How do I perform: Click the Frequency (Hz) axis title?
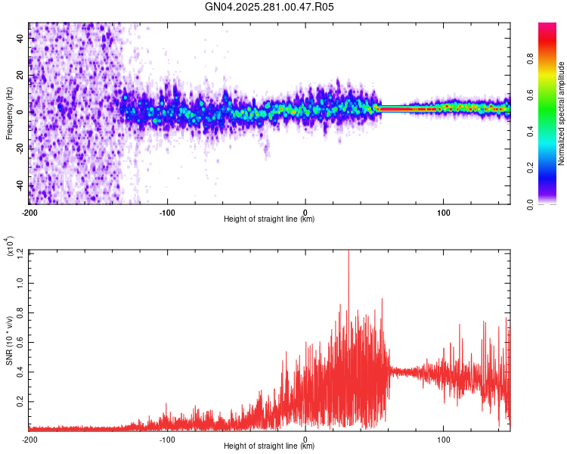tap(9, 113)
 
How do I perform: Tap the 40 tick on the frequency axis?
tap(21, 39)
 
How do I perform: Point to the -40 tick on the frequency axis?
tap(20, 185)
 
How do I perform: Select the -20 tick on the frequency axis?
tap(20, 149)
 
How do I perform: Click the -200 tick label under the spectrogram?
tap(29, 213)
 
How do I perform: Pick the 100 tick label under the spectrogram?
tap(444, 213)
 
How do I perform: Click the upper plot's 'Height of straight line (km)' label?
tap(269, 220)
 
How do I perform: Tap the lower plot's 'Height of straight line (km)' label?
tap(269, 447)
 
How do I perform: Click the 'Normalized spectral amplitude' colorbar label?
tap(561, 113)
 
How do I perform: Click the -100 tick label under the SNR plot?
tap(167, 440)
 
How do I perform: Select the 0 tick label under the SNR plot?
tap(305, 440)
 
